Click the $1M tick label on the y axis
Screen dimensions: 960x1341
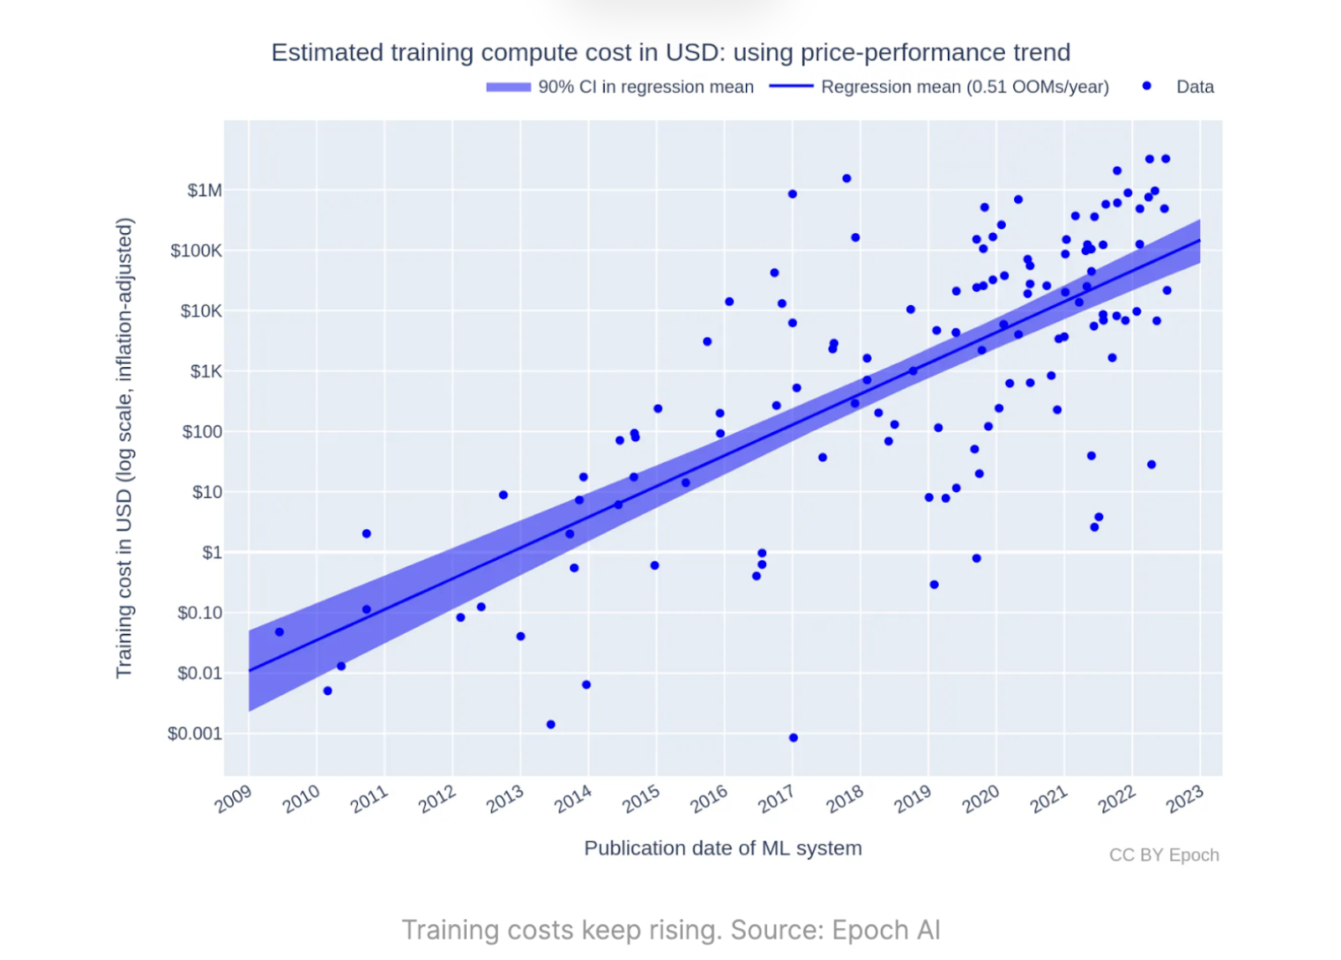click(x=205, y=190)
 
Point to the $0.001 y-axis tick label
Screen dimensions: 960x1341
click(x=194, y=734)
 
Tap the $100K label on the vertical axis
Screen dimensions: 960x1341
click(x=196, y=251)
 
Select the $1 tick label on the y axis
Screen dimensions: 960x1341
click(x=212, y=553)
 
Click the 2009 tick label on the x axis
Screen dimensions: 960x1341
click(x=233, y=799)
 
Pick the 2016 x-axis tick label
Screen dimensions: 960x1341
click(x=709, y=799)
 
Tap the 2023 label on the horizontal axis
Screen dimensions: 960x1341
click(x=1185, y=799)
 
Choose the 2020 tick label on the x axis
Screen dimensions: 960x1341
click(x=981, y=799)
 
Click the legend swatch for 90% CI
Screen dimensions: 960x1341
click(x=508, y=86)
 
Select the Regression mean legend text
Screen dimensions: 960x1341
click(x=965, y=86)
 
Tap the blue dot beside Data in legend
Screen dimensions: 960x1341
click(x=1147, y=86)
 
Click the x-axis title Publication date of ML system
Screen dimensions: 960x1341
click(x=722, y=848)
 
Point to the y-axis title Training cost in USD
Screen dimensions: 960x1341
click(x=124, y=448)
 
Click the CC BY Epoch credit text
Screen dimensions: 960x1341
click(x=1163, y=854)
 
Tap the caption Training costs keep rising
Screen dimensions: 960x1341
click(x=670, y=930)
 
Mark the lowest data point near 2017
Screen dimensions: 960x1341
click(x=793, y=738)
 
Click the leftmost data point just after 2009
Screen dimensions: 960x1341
click(x=279, y=632)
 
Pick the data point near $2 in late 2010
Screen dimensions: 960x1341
click(x=366, y=533)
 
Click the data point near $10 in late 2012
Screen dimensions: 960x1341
click(x=503, y=495)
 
